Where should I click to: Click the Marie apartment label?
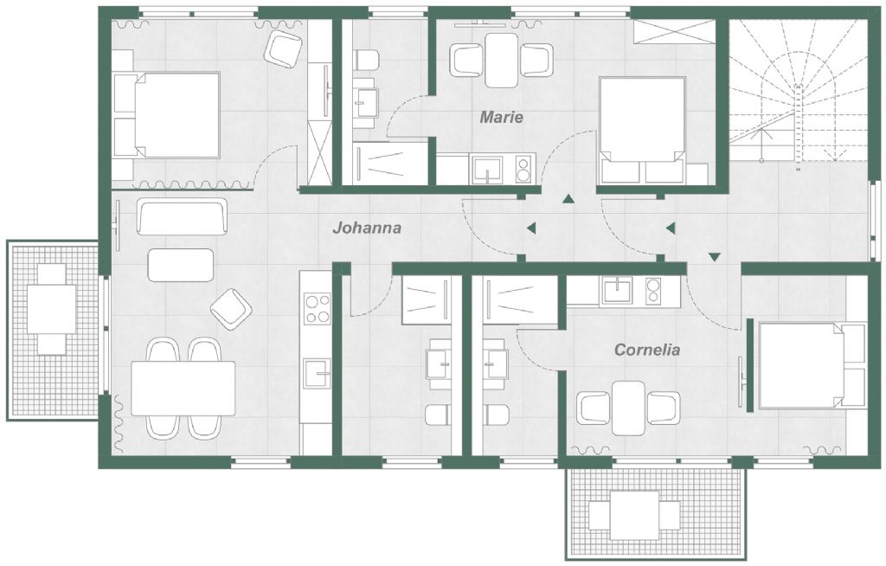[x=501, y=117]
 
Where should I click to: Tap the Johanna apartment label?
[x=367, y=228]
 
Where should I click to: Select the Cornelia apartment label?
[x=647, y=350]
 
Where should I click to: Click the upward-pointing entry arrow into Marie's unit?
[x=568, y=198]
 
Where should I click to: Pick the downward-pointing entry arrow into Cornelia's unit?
[x=714, y=257]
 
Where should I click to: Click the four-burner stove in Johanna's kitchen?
[x=318, y=309]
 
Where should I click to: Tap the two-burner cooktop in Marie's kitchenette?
[x=523, y=169]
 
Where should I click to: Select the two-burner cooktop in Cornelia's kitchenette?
[x=653, y=291]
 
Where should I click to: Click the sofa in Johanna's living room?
[x=182, y=216]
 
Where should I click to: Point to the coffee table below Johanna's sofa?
[x=181, y=265]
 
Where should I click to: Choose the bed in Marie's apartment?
[x=643, y=130]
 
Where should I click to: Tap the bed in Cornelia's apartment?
[x=812, y=364]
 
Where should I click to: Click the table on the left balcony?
[x=52, y=309]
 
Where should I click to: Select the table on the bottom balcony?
[x=634, y=515]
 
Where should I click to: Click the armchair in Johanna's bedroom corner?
[x=283, y=48]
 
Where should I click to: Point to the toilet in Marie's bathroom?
[x=366, y=61]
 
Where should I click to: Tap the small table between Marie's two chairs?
[x=501, y=60]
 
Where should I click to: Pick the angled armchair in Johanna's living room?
[x=231, y=309]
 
